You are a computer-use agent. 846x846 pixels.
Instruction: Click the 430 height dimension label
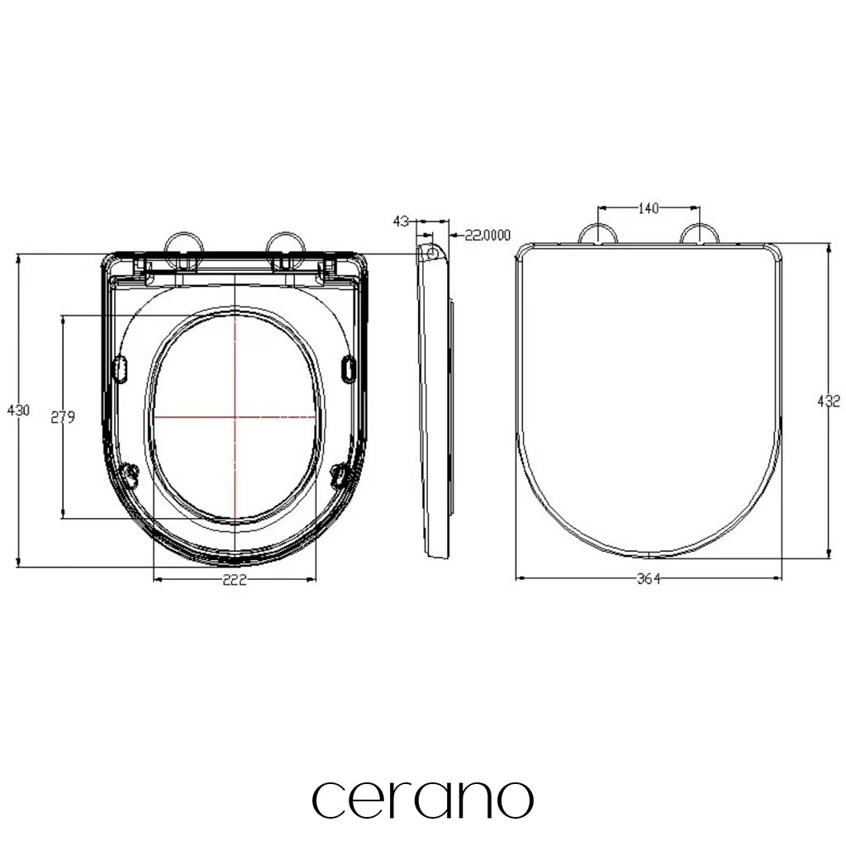click(18, 410)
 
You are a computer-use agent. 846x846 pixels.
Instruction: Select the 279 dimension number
click(63, 416)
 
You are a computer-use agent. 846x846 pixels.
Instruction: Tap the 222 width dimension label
click(235, 579)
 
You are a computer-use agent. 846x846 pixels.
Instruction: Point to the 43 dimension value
click(401, 221)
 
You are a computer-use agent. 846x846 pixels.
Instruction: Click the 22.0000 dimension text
click(487, 235)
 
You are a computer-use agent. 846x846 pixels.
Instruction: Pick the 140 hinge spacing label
click(649, 207)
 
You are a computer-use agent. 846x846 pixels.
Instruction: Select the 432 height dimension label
click(829, 401)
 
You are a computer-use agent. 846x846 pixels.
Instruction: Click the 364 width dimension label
click(649, 579)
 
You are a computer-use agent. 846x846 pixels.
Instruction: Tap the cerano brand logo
click(422, 799)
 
